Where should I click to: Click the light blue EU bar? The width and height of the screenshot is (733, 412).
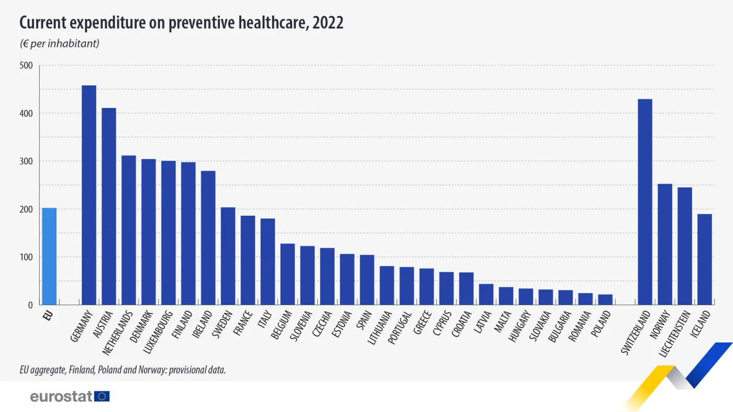click(x=49, y=257)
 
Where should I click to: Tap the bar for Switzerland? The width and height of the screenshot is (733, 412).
click(x=645, y=202)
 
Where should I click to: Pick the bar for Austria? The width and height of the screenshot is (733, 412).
click(x=109, y=206)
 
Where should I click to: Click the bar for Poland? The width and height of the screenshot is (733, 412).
click(x=605, y=299)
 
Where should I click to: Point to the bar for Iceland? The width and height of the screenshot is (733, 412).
click(x=705, y=259)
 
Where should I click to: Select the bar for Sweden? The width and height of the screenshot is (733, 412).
click(x=228, y=256)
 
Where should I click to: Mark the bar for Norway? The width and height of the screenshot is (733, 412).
click(x=665, y=244)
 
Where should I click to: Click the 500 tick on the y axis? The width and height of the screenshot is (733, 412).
click(x=26, y=65)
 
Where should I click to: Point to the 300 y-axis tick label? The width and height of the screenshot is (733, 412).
click(x=26, y=161)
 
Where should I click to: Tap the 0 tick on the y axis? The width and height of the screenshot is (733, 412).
click(x=30, y=305)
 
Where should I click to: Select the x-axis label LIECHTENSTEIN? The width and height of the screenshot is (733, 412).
click(x=675, y=335)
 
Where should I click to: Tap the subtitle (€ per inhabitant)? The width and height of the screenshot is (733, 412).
click(x=59, y=43)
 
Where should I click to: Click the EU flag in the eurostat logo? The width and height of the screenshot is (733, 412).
click(x=102, y=396)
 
